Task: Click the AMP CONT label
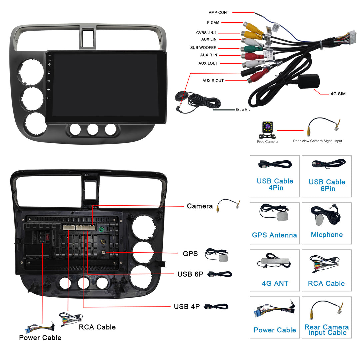pos(219,13)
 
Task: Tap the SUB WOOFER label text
pos(203,48)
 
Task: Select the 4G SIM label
pos(338,94)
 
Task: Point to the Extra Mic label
pos(243,110)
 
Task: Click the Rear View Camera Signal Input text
pos(317,141)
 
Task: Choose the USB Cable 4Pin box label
pos(275,184)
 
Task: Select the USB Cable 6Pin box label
pos(327,185)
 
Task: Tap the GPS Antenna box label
pos(274,235)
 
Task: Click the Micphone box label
pos(327,235)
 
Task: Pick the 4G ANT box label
pos(275,283)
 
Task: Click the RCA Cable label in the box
pos(326,283)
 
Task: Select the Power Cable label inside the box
pos(275,330)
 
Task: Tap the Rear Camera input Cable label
pos(327,330)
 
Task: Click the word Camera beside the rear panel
pos(200,206)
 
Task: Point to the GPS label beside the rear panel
pos(190,254)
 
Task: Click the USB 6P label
pos(190,274)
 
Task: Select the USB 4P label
pos(187,306)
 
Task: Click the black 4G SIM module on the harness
pos(309,81)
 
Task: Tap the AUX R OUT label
pos(213,81)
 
